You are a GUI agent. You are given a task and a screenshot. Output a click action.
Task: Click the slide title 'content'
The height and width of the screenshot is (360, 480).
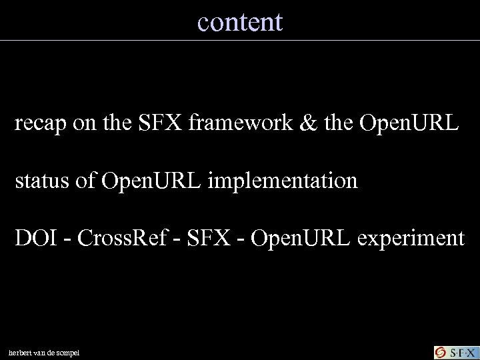(240, 22)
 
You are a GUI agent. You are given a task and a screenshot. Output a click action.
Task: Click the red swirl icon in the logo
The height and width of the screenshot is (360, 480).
(441, 351)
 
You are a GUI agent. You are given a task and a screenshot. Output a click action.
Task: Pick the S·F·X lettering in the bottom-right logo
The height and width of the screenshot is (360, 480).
(461, 351)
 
